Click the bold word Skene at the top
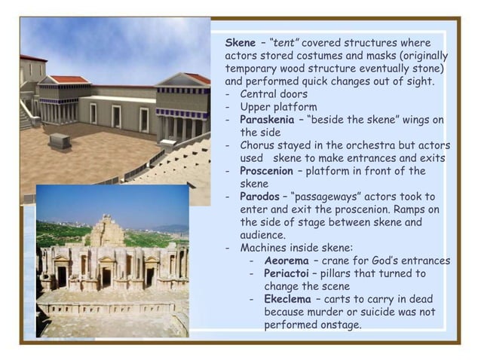click(x=240, y=43)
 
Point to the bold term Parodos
click(x=263, y=197)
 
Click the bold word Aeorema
click(x=286, y=261)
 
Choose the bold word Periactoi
click(x=287, y=273)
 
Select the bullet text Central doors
click(x=274, y=94)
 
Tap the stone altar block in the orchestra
click(x=60, y=141)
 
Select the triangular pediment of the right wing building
click(x=182, y=80)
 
